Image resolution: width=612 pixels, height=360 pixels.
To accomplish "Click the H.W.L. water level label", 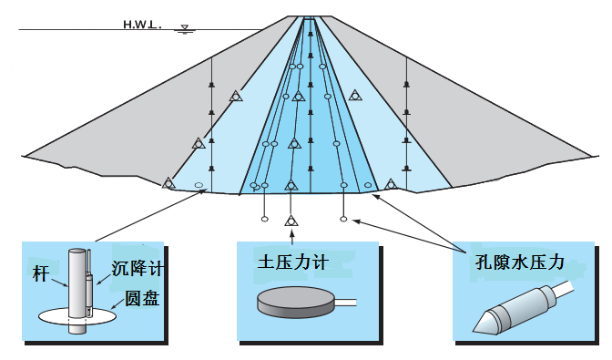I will click(x=141, y=25).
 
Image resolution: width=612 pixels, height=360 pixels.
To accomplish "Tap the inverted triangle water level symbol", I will click(x=186, y=29).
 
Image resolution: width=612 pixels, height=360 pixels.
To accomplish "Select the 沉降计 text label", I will click(x=135, y=269).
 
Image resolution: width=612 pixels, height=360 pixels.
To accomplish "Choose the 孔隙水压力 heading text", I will click(x=521, y=262).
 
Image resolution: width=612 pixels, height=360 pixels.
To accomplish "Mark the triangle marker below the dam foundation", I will click(x=291, y=221).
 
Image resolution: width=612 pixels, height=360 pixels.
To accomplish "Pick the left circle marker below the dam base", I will click(x=264, y=219).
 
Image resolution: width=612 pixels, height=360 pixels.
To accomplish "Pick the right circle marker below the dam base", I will click(x=343, y=219).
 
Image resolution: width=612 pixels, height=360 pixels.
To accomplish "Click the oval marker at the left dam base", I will click(x=199, y=186).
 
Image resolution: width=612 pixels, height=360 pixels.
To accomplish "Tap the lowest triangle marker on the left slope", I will click(x=168, y=183).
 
